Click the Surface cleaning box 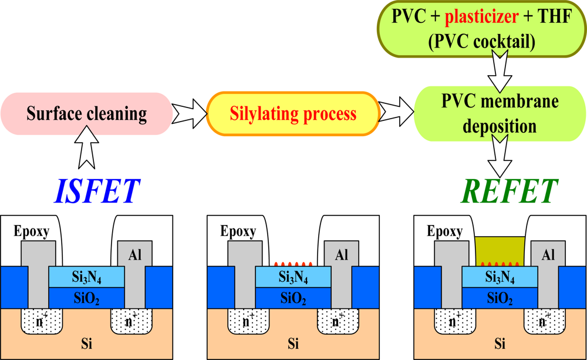pos(86,113)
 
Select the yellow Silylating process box pos(292,113)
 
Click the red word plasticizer pos(482,18)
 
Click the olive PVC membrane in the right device pos(500,249)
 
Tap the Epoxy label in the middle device pos(238,231)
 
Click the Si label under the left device pos(86,343)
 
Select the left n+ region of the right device pos(453,322)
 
